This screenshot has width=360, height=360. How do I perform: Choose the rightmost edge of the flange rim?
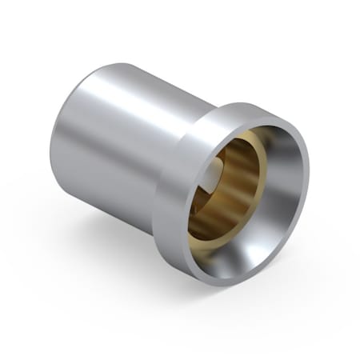307,172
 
